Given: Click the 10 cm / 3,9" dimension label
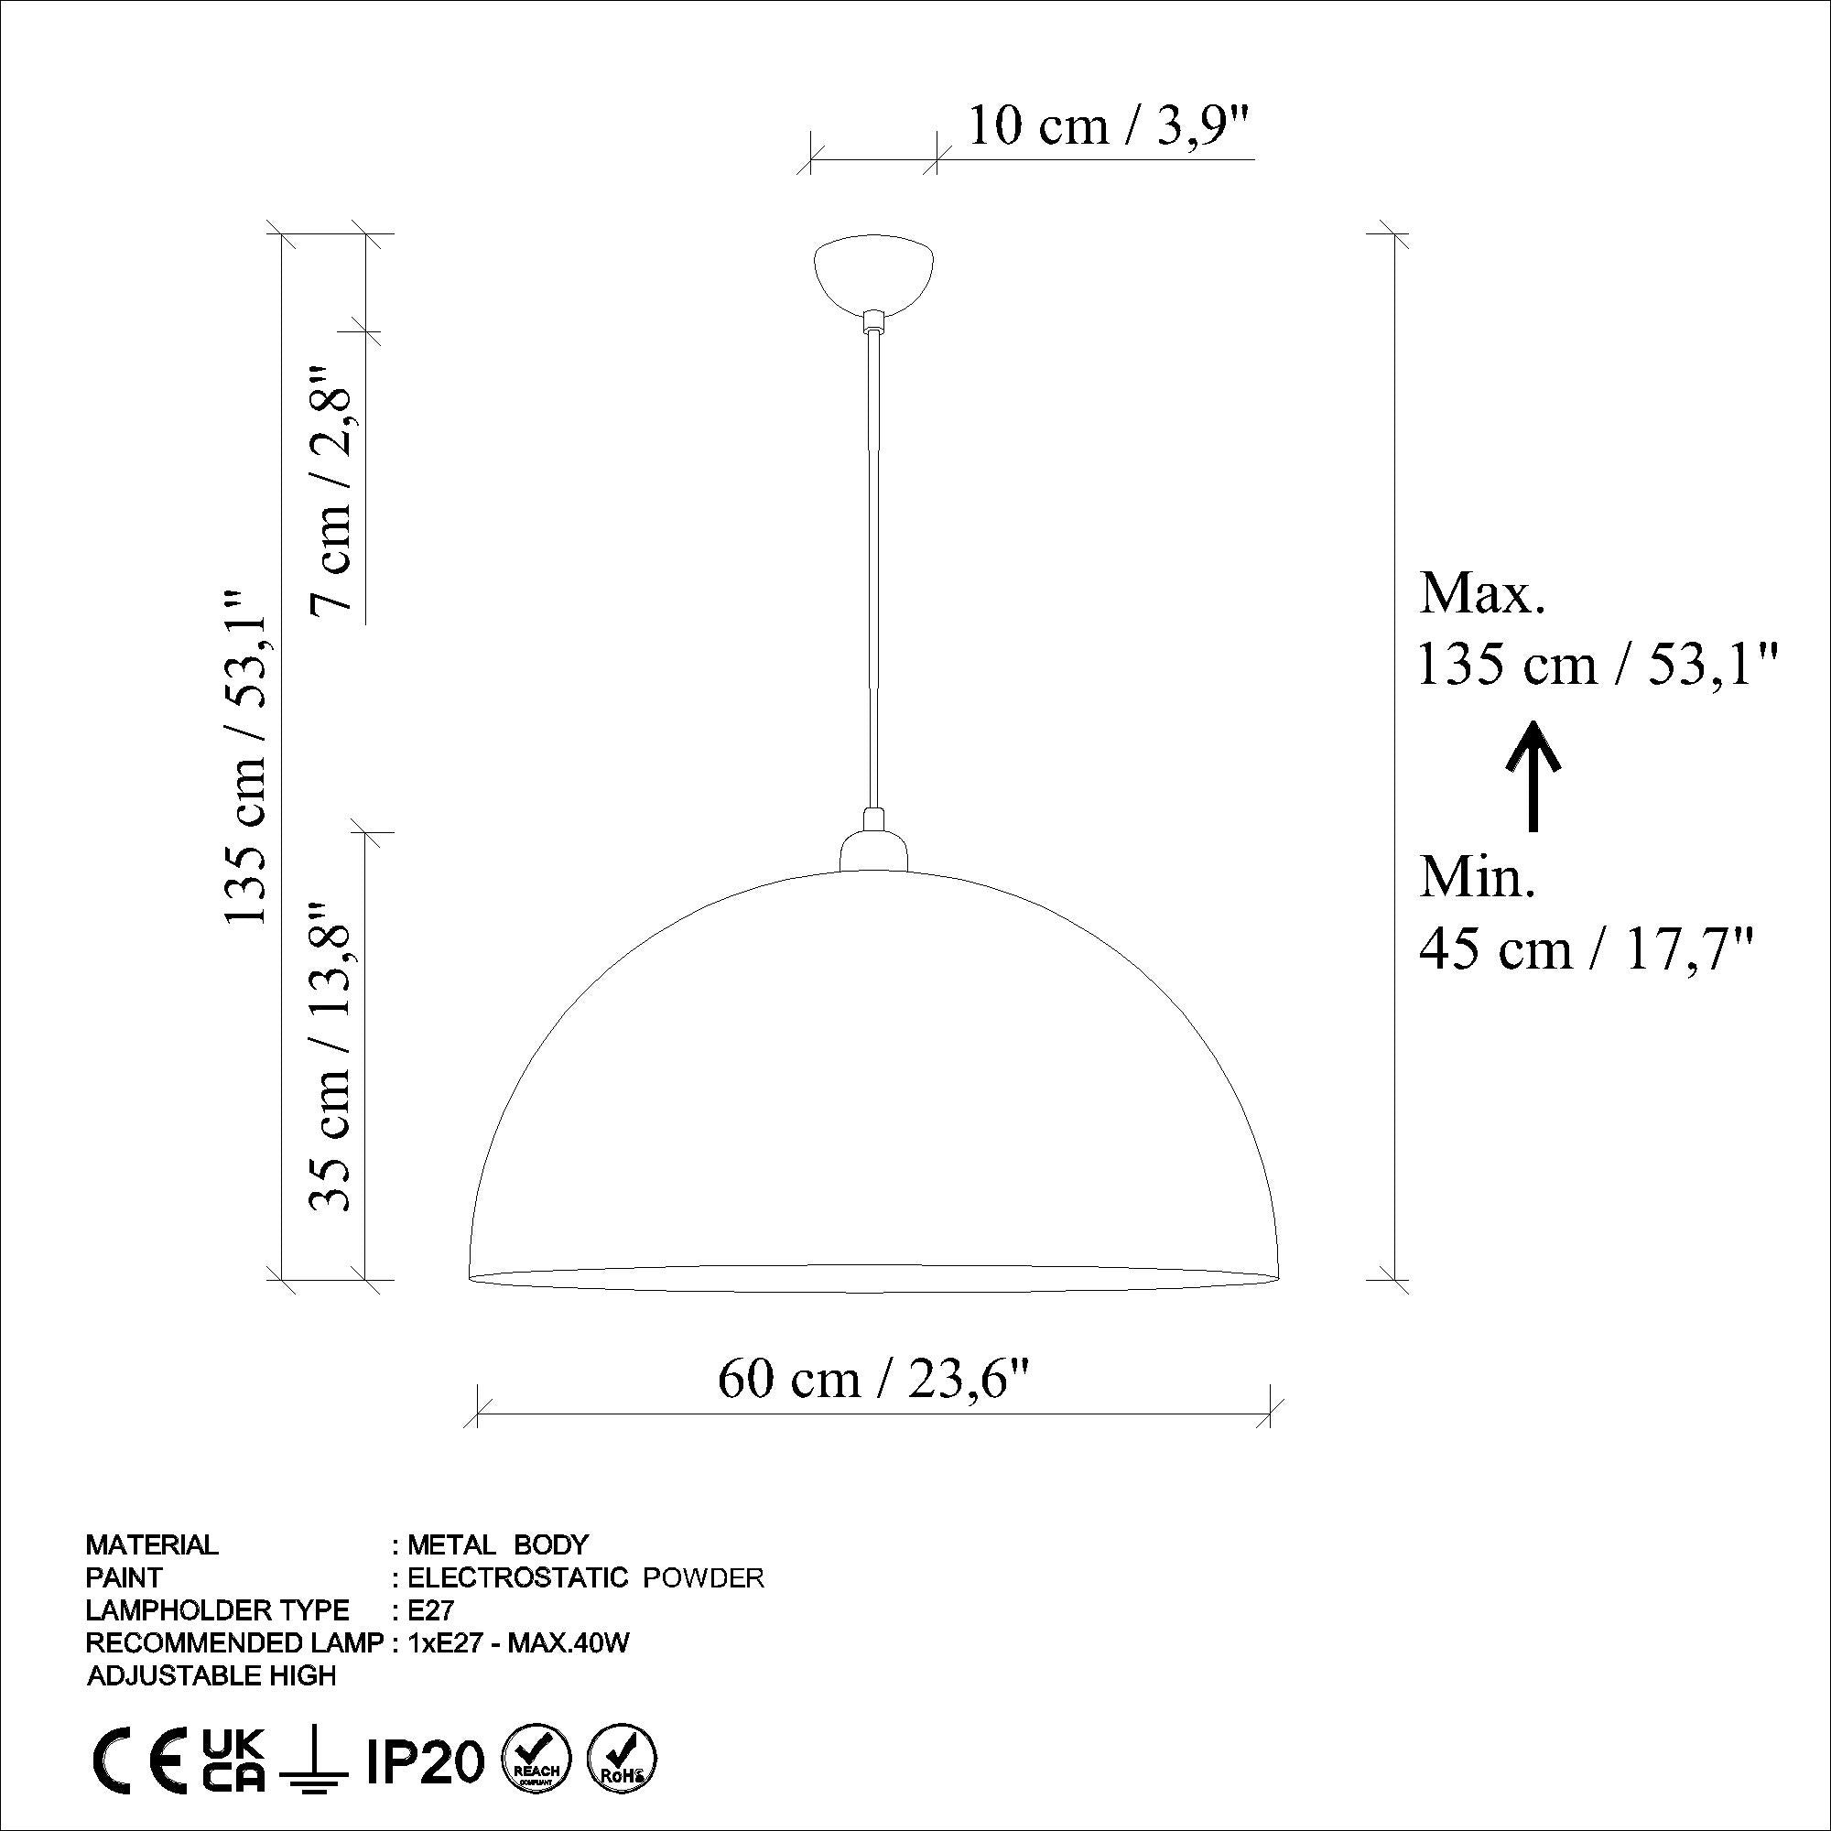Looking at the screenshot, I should point(1109,126).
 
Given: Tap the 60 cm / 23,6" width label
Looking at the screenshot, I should point(872,1379).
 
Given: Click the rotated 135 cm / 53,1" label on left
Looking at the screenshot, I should point(245,755).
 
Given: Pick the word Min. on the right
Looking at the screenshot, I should point(1477,878).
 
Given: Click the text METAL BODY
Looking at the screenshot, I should point(496,1544).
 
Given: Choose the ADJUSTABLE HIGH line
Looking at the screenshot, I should point(211,1675).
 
